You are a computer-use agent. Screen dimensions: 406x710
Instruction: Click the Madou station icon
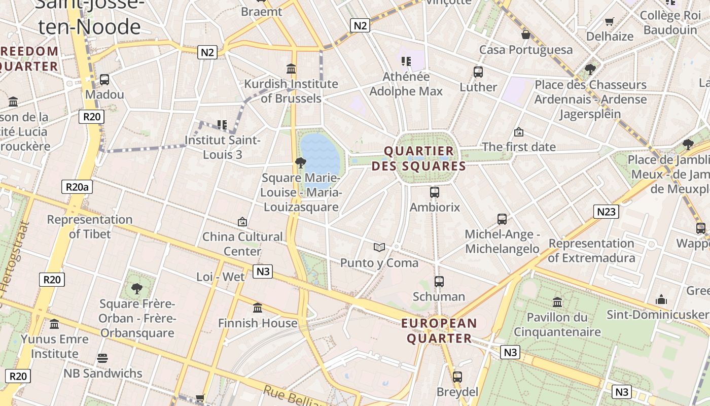(x=104, y=80)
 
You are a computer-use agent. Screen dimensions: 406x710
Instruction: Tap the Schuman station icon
(x=439, y=282)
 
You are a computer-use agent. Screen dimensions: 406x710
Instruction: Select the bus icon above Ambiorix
(x=435, y=192)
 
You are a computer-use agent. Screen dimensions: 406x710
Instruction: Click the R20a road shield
(x=77, y=187)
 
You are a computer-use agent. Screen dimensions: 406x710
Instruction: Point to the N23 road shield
(x=606, y=211)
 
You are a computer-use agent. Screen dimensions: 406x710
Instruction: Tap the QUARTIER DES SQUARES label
(x=418, y=158)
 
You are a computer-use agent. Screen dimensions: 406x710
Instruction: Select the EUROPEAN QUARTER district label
(x=439, y=331)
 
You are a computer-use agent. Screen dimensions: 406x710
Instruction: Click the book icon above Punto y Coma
(x=379, y=248)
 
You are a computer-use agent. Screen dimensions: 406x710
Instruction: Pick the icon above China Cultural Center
(x=242, y=222)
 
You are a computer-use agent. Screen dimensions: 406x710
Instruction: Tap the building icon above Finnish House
(x=258, y=308)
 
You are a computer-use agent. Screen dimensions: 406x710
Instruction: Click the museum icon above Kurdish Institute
(x=291, y=69)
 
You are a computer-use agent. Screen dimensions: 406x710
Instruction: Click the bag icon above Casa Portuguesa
(x=526, y=35)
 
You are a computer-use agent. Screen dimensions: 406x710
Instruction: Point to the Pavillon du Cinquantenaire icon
(x=557, y=302)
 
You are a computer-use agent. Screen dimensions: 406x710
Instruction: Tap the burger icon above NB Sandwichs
(x=102, y=358)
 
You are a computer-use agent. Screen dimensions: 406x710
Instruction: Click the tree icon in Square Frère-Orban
(x=136, y=289)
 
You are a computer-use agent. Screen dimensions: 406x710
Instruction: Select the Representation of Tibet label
(x=90, y=227)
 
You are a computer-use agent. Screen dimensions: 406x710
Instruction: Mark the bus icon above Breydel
(x=457, y=377)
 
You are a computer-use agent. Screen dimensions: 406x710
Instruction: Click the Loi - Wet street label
(x=221, y=277)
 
